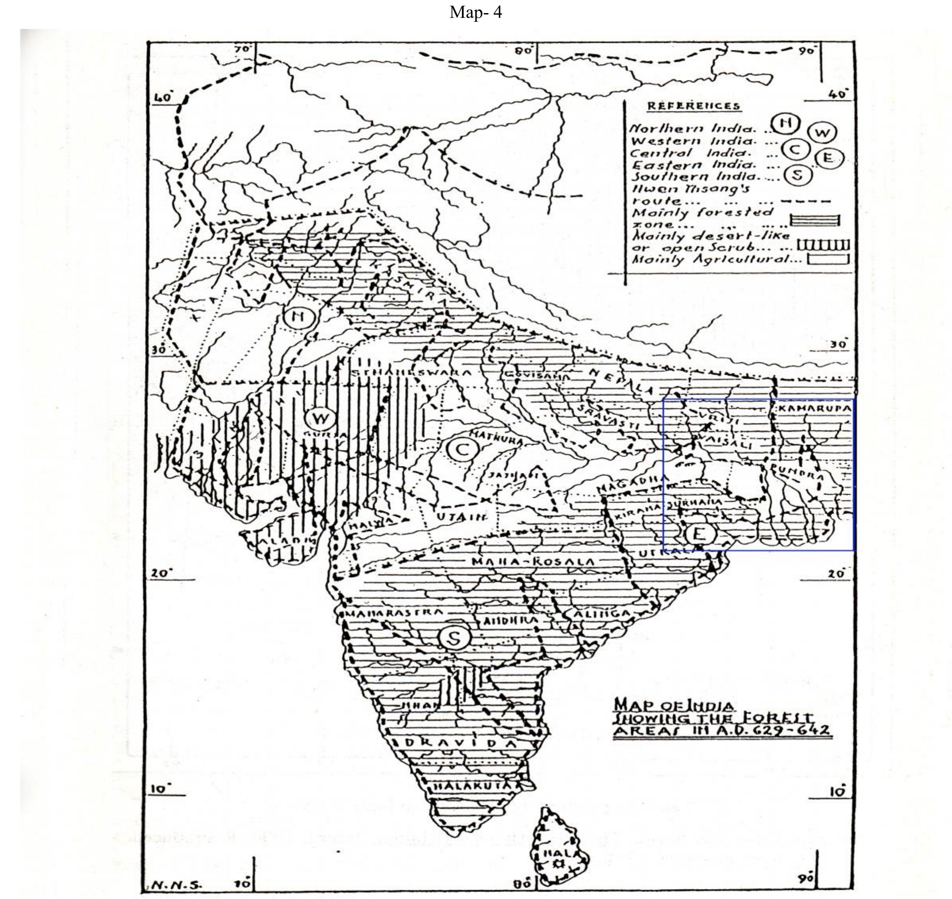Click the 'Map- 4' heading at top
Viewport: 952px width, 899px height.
pyautogui.click(x=475, y=12)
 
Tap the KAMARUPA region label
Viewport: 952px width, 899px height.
pyautogui.click(x=814, y=409)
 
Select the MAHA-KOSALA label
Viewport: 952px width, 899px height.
pyautogui.click(x=533, y=561)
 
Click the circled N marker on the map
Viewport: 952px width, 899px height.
pyautogui.click(x=299, y=317)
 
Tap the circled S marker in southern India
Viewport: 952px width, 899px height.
pyautogui.click(x=454, y=638)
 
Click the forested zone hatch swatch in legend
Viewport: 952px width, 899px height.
pyautogui.click(x=814, y=220)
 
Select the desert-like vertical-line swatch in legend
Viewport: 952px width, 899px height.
pyautogui.click(x=823, y=245)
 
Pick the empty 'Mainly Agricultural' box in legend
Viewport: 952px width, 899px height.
pyautogui.click(x=828, y=259)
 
